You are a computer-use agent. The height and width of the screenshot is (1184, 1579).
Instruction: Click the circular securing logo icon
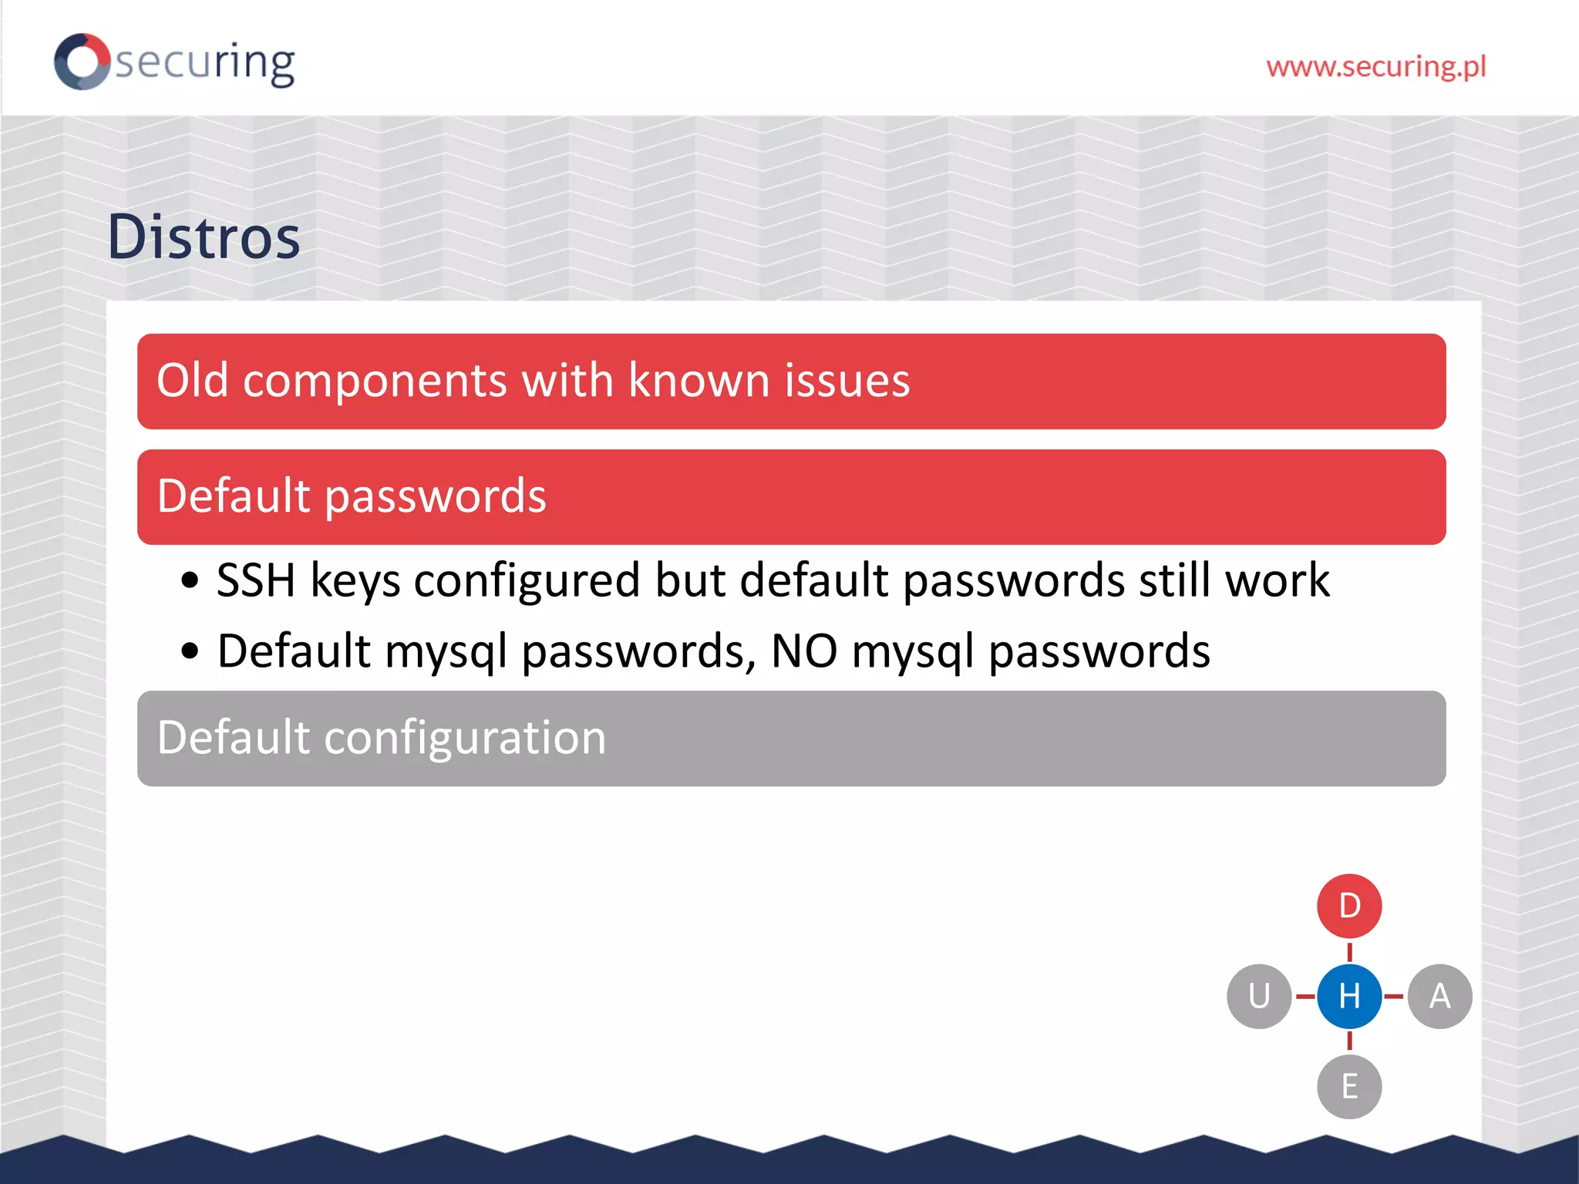coord(82,62)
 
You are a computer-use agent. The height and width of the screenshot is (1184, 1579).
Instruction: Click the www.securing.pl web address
coord(1375,67)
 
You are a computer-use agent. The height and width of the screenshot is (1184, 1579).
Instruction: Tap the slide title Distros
coord(204,237)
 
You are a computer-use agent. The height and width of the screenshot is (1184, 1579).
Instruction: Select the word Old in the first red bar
coord(193,380)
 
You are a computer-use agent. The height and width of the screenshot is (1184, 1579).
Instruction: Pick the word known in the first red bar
coord(699,380)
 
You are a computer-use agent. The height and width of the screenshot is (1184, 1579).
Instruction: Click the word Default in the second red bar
coord(234,496)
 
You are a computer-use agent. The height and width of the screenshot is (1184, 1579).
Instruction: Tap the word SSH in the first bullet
coord(256,580)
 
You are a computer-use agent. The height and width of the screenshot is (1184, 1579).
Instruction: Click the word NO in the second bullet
coord(803,651)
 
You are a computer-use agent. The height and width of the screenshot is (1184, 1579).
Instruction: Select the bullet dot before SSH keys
coord(190,580)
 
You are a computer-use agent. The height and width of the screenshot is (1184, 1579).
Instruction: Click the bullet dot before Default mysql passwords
coord(190,651)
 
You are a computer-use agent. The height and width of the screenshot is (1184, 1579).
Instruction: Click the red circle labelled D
coord(1349,906)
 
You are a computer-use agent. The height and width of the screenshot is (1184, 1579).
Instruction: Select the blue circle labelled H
coord(1349,996)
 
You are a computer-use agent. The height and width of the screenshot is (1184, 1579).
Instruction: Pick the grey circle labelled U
coord(1259,996)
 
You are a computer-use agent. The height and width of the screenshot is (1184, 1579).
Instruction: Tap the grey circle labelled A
coord(1439,996)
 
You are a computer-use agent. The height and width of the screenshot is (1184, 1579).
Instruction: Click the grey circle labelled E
coord(1349,1086)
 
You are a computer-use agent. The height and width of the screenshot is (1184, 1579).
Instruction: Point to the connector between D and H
coord(1349,952)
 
